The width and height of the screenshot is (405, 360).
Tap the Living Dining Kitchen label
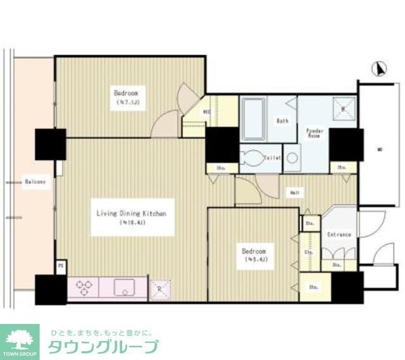pos(131,214)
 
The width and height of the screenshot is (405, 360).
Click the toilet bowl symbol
pos(252,158)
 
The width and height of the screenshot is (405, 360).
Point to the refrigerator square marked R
pos(159,289)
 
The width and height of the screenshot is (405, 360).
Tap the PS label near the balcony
pos(61,266)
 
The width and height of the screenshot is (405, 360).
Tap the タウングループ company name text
pos(103,347)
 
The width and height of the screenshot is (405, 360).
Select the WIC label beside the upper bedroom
pos(206,113)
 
